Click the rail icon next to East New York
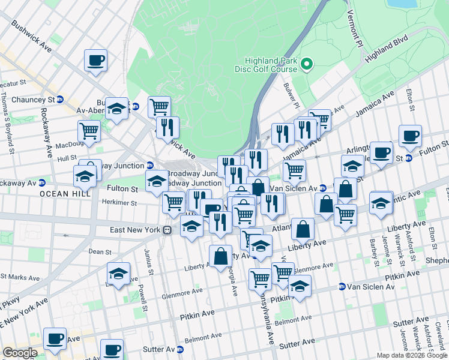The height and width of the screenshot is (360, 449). pyautogui.click(x=169, y=230)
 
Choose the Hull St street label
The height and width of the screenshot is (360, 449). pyautogui.click(x=66, y=158)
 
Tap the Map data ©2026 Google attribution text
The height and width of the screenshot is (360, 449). pyautogui.click(x=412, y=355)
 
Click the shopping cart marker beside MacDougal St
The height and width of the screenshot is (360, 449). pyautogui.click(x=89, y=130)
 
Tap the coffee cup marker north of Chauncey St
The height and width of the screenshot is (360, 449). pyautogui.click(x=95, y=60)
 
